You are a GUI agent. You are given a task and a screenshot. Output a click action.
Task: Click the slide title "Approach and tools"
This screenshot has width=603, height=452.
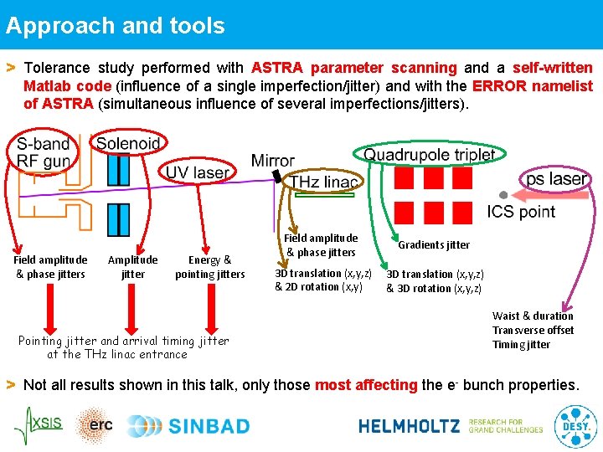(x=116, y=25)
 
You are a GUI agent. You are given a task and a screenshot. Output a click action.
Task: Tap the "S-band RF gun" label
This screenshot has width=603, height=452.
(x=43, y=153)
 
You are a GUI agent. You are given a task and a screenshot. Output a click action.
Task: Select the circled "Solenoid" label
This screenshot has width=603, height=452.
(x=129, y=143)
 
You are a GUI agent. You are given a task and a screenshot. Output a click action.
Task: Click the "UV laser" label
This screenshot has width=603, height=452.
(x=197, y=172)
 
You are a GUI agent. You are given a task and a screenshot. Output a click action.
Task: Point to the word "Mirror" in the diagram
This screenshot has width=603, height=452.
(x=272, y=160)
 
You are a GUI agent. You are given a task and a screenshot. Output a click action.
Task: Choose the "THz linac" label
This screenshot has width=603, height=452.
(x=324, y=182)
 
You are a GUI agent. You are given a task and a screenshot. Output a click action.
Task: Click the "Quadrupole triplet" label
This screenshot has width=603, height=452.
(x=429, y=154)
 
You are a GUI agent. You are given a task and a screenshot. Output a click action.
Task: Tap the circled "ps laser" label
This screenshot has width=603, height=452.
(x=555, y=179)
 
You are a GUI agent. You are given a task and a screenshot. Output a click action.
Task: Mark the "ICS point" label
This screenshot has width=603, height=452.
(x=521, y=212)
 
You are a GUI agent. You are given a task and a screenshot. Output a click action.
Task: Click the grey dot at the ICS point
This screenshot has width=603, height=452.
(x=503, y=194)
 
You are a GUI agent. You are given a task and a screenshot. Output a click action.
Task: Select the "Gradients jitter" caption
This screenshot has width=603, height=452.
(x=434, y=245)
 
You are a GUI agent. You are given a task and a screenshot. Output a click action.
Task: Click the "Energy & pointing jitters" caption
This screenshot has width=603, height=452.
(x=209, y=267)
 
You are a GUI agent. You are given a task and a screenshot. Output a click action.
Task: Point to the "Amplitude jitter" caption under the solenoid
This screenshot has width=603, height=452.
(x=132, y=267)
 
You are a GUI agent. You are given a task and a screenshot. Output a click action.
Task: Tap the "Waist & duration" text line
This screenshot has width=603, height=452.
(x=533, y=316)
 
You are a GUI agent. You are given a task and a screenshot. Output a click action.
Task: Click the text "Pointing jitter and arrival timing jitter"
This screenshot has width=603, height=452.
(x=123, y=341)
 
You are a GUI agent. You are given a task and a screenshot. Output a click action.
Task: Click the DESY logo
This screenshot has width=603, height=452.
(x=575, y=425)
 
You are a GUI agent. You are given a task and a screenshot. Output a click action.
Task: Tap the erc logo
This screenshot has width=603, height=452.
(x=96, y=425)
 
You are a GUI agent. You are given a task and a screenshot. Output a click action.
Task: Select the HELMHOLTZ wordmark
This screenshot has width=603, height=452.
(x=409, y=426)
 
